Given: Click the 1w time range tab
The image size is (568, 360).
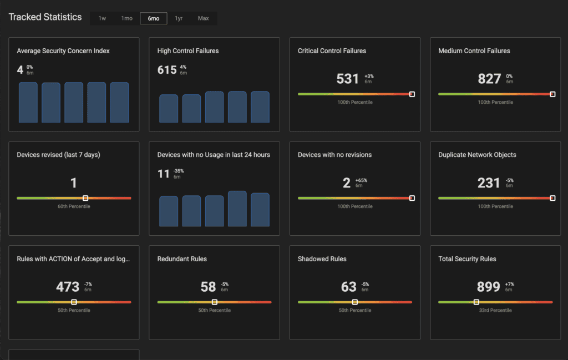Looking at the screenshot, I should tap(102, 18).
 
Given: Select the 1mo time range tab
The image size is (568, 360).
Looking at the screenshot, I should tap(127, 18).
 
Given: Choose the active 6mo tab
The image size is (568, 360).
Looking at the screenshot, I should tap(153, 18).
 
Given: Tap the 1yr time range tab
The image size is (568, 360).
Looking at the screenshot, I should tap(179, 18).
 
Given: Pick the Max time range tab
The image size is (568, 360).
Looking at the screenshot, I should tap(204, 18).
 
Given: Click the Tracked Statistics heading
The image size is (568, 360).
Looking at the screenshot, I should tap(45, 17).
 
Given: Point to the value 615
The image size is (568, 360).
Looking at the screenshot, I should tap(167, 70).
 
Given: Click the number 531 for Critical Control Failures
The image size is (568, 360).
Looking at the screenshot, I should tap(348, 79).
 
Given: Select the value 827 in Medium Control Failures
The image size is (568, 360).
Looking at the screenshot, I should tap(489, 79).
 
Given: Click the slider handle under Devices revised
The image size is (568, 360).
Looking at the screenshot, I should tap(85, 198).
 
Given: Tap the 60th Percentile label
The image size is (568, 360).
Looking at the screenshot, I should tap(74, 206).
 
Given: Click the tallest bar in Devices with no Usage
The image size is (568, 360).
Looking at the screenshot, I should tap(237, 209).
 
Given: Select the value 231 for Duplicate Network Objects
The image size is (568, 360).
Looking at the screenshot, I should tap(489, 182).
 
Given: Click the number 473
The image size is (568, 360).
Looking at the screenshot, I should tap(68, 287).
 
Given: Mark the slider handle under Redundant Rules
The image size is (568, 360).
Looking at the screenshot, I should tap(214, 302).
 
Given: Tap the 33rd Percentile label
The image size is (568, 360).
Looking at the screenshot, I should tap(495, 311).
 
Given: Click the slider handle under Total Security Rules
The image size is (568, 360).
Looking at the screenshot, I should tap(476, 302).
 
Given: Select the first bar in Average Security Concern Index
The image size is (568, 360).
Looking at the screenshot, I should tap(28, 103).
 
